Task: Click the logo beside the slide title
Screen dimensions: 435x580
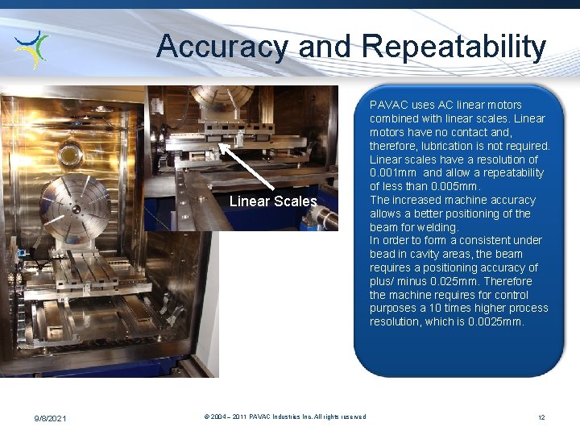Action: pos(33,48)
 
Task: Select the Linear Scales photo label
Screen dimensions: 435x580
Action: pos(273,201)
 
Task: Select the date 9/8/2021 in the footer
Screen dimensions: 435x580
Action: pos(51,417)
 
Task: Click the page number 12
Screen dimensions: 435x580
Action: pos(541,417)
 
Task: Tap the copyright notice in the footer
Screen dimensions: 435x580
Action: pos(285,416)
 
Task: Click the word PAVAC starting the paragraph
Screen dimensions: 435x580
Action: pos(389,106)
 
